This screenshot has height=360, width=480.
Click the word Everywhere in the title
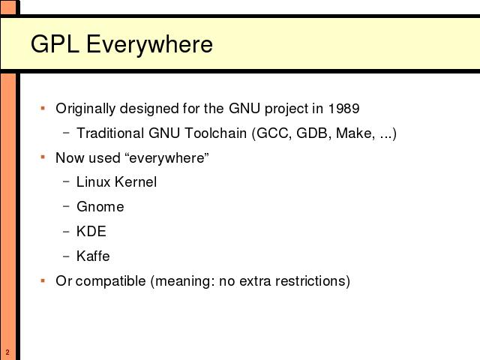(x=149, y=45)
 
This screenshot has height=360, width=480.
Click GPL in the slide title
(x=55, y=43)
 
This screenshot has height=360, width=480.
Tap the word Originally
(x=85, y=109)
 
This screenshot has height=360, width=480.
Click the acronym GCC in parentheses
(x=272, y=133)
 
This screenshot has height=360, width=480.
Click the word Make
(x=355, y=133)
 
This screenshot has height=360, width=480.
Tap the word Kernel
(x=136, y=181)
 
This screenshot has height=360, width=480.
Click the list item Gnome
(x=100, y=207)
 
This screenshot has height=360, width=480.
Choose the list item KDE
(x=91, y=231)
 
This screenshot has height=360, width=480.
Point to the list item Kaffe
(x=93, y=256)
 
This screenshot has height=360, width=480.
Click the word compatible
(x=110, y=281)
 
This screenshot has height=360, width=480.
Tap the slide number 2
(x=7, y=352)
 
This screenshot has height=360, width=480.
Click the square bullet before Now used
(x=43, y=157)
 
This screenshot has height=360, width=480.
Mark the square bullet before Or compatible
(x=43, y=280)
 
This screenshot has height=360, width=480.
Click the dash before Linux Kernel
(x=66, y=181)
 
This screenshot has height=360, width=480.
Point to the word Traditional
(x=110, y=133)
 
